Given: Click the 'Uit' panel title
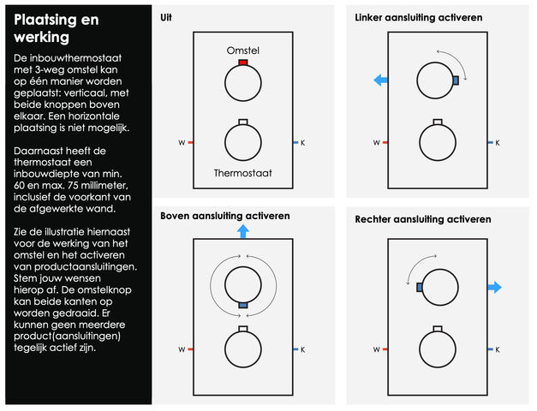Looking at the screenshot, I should (x=165, y=17).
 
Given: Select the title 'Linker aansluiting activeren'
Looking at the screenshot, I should (x=418, y=17).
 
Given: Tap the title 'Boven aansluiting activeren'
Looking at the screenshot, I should (x=224, y=216).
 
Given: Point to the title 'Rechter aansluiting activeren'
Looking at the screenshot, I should (x=423, y=220).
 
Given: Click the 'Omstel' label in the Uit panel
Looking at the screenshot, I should (x=243, y=51).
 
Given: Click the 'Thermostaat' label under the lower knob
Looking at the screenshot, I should (x=243, y=174).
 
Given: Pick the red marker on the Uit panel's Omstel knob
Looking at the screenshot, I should (x=243, y=63).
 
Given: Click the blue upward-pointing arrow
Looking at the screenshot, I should (x=243, y=230).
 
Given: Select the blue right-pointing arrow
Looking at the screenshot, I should (x=494, y=287).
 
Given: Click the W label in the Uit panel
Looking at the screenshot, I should (x=181, y=142).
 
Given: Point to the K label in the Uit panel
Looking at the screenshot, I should (x=302, y=142).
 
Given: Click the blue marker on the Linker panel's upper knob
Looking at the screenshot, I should (x=456, y=80).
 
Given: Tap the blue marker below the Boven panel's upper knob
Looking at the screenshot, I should (x=243, y=306).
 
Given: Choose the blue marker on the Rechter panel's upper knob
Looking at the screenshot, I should (x=420, y=288).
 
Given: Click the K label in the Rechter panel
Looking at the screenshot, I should (x=498, y=349).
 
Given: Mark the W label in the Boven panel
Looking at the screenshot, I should (x=181, y=349).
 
